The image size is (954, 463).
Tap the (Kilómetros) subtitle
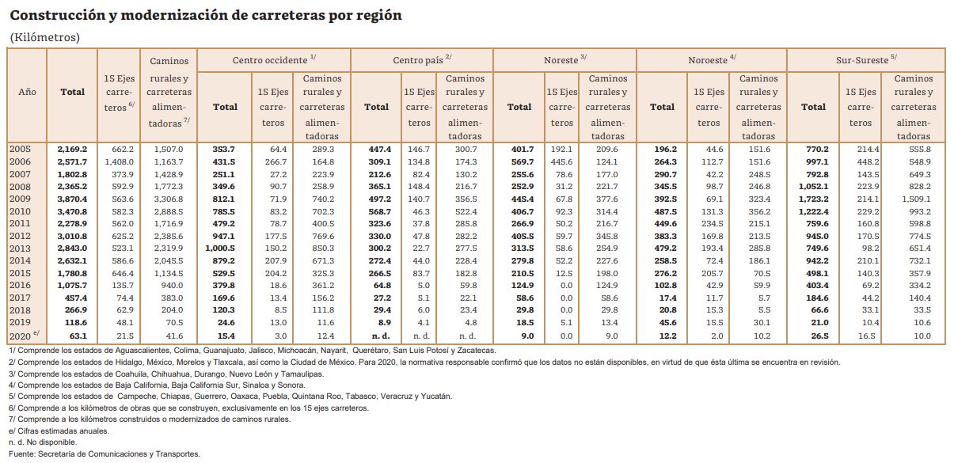point(44,37)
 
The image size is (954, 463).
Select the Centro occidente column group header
point(270,60)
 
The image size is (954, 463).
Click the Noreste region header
point(561,60)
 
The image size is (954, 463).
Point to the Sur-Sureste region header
point(862,60)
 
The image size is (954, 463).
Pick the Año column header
point(27,92)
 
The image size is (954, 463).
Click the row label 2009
point(20,199)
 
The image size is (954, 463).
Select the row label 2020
point(20,336)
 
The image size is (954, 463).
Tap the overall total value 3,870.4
point(72,199)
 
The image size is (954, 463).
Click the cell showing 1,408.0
point(120,162)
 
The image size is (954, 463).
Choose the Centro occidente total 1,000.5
point(220,249)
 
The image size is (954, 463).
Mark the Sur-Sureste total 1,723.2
point(814,199)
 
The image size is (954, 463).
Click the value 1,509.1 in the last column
point(916,199)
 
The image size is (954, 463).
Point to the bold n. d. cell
point(381,336)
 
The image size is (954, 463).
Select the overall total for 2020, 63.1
point(78,336)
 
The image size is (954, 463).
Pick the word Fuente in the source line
point(21,454)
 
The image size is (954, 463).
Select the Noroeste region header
point(708,60)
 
